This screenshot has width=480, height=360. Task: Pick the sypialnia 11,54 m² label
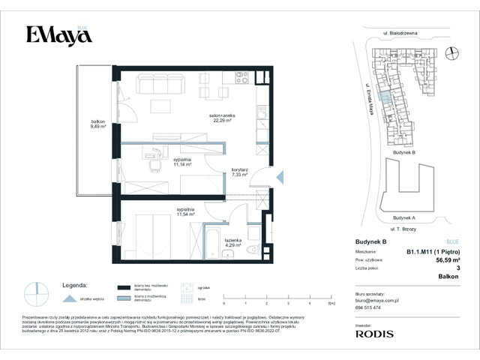(185, 211)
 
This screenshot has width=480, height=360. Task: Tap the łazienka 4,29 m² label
(241, 241)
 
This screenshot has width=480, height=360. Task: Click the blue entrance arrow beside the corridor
(280, 177)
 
